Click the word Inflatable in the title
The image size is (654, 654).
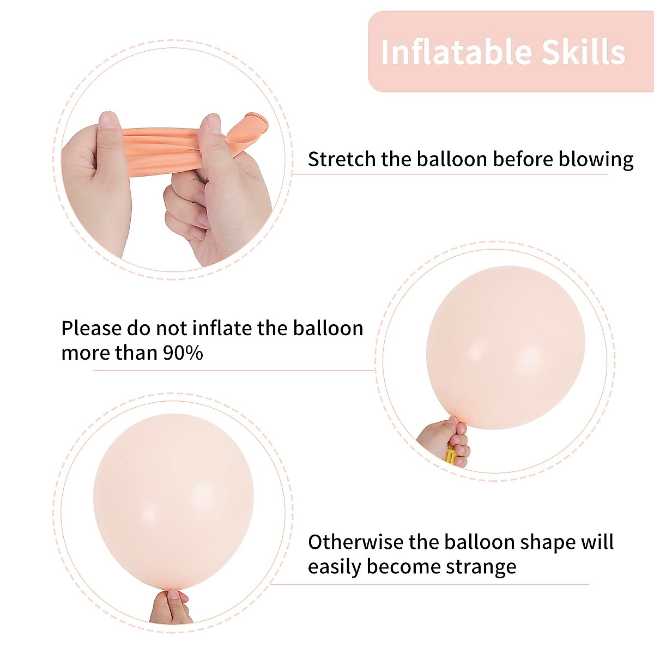(456, 53)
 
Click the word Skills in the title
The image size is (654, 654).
(583, 53)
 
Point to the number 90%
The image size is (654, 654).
(183, 353)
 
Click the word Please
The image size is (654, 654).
(91, 329)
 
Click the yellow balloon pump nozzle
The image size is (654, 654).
(450, 455)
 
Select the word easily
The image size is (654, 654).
(334, 567)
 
